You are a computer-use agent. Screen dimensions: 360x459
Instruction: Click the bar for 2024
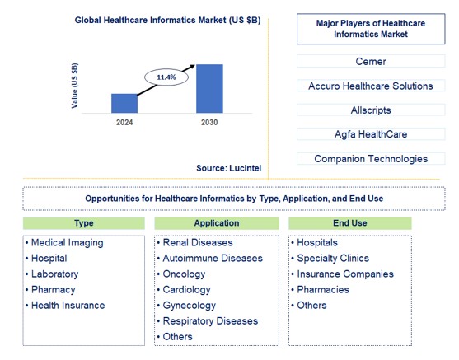124,103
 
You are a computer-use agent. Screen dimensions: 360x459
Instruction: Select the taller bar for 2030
209,88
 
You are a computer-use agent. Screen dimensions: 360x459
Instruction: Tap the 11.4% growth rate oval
166,77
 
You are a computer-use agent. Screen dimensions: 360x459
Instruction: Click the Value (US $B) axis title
76,86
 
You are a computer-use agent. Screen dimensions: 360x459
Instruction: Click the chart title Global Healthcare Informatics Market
167,20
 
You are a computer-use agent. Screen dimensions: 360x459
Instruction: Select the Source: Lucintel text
228,168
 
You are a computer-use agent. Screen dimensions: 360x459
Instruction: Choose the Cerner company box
370,62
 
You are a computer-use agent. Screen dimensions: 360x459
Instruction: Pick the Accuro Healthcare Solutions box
370,86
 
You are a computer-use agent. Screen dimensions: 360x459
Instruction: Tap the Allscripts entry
370,110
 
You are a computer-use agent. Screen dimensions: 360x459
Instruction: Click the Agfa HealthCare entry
370,134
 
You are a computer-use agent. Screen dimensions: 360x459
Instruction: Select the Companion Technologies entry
370,159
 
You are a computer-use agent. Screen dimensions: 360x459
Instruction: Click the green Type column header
83,223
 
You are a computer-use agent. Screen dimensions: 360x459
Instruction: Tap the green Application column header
217,223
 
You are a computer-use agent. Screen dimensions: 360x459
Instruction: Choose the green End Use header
349,223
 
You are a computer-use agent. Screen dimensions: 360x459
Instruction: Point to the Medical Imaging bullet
68,243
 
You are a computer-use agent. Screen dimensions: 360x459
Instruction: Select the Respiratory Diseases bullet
210,321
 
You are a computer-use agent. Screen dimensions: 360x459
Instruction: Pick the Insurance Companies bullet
345,274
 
